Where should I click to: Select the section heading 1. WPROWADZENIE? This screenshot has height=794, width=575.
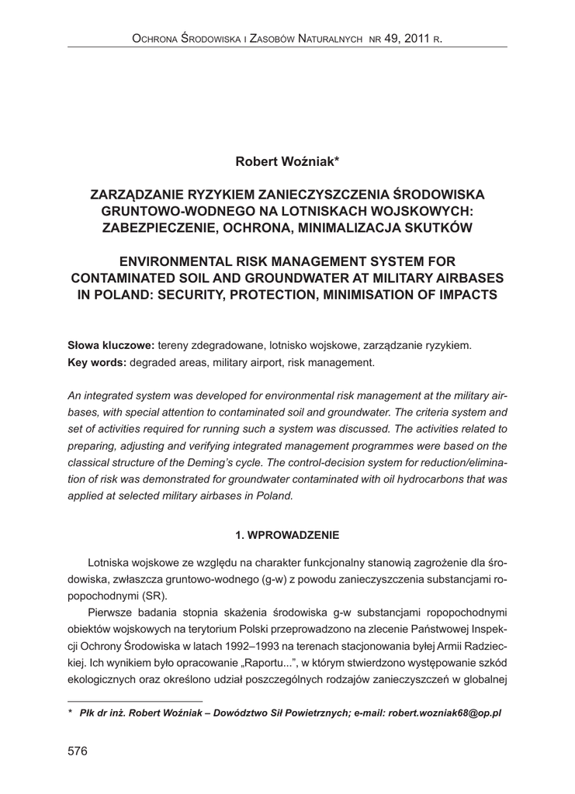[x=287, y=534]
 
